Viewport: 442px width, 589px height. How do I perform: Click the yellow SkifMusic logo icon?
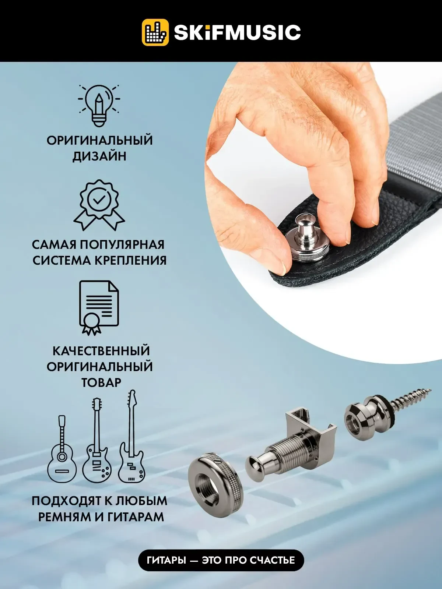[155, 32]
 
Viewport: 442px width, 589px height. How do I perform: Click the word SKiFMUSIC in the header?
[237, 32]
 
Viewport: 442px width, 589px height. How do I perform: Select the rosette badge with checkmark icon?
[99, 204]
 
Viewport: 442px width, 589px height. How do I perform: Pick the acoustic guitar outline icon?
[62, 450]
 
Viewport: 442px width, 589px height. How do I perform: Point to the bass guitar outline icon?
[131, 438]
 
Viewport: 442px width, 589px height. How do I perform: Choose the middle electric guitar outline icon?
[96, 442]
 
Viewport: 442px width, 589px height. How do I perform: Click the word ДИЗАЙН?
[99, 156]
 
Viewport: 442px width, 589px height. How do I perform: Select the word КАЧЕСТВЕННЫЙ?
[101, 350]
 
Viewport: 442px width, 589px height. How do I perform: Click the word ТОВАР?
[101, 382]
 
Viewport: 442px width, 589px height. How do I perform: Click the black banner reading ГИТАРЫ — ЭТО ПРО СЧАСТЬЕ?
[221, 560]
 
